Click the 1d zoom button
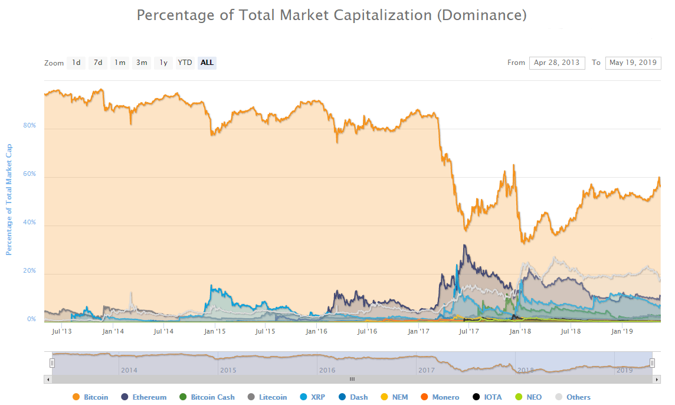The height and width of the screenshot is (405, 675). click(x=76, y=63)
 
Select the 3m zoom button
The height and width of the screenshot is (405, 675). click(x=142, y=63)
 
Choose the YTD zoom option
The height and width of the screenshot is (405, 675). click(x=185, y=63)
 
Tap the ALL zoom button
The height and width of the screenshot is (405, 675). click(x=207, y=63)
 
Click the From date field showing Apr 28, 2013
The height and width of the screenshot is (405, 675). click(x=557, y=63)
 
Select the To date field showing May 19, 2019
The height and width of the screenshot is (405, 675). click(x=633, y=63)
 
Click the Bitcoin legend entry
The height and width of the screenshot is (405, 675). click(x=96, y=397)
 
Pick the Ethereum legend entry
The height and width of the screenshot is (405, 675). click(x=148, y=397)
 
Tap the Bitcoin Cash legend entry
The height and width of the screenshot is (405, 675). click(x=212, y=397)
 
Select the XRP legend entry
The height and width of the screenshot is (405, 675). click(x=317, y=397)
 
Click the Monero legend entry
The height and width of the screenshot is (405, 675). click(x=445, y=397)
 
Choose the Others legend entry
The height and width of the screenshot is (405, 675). click(x=578, y=397)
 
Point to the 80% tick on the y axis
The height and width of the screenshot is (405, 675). click(x=30, y=126)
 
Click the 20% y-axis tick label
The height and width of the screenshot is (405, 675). click(x=30, y=271)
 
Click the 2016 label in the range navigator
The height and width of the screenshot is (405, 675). click(x=327, y=370)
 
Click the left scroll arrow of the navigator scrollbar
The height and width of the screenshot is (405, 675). click(x=48, y=379)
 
